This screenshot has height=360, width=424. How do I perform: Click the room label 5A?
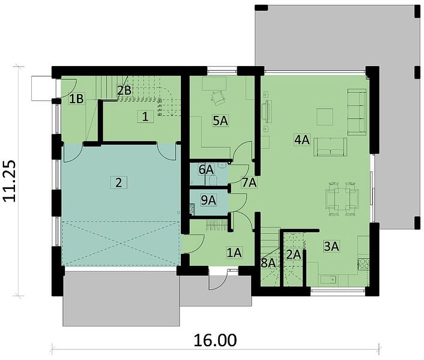pyautogui.click(x=220, y=121)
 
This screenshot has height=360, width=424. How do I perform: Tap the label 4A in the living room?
pyautogui.click(x=302, y=140)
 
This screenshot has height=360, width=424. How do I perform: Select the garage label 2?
pyautogui.click(x=118, y=183)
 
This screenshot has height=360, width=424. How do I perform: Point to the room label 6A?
pyautogui.click(x=206, y=170)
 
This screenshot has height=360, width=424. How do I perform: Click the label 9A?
pyautogui.click(x=208, y=200)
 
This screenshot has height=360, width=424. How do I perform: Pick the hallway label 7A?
pyautogui.click(x=249, y=183)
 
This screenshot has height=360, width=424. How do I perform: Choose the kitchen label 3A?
pyautogui.click(x=332, y=247)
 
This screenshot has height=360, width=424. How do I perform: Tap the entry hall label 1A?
pyautogui.click(x=234, y=253)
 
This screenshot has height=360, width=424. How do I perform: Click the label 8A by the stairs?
pyautogui.click(x=268, y=263)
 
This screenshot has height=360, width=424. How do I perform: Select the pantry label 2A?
pyautogui.click(x=294, y=254)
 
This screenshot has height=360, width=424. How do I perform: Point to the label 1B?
pyautogui.click(x=76, y=99)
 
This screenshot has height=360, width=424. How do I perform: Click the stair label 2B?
pyautogui.click(x=124, y=91)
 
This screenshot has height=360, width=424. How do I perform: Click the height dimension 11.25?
pyautogui.click(x=10, y=181)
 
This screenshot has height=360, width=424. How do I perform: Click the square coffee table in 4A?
pyautogui.click(x=325, y=116)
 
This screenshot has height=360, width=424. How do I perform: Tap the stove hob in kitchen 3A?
pyautogui.click(x=363, y=264)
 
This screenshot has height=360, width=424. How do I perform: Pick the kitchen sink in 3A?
pyautogui.click(x=329, y=280)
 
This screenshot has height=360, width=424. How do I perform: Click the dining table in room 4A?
pyautogui.click(x=342, y=199)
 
